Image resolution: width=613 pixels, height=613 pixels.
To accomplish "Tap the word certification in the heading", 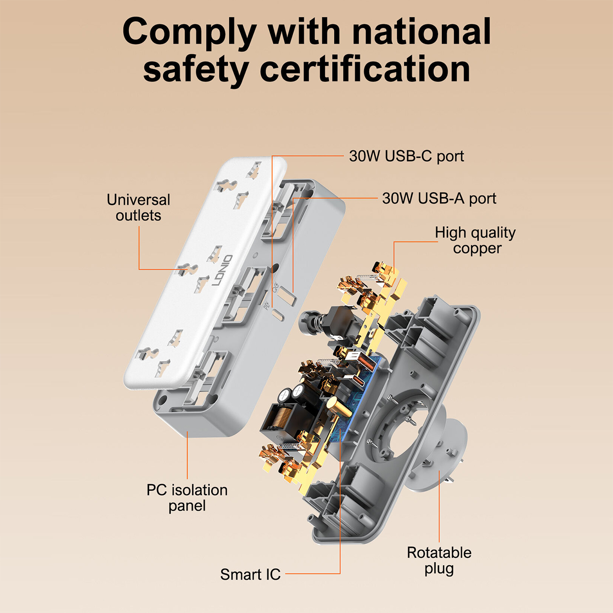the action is point(365,69).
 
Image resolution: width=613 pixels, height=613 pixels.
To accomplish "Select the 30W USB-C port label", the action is point(406,156).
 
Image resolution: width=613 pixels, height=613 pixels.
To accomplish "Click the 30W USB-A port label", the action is point(439,199).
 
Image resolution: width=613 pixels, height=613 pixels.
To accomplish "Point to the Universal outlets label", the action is point(138,208).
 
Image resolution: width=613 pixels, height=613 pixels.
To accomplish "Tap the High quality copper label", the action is point(475,241).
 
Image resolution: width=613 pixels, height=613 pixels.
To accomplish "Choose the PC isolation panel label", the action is point(187,498).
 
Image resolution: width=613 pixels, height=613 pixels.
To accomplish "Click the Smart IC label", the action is point(250,574).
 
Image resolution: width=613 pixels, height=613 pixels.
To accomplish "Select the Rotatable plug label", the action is point(439,561).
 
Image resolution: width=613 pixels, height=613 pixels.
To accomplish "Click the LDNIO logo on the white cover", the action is point(222,270).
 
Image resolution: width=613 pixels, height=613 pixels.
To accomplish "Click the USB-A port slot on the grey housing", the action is point(287,296).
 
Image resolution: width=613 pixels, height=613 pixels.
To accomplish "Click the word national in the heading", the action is point(422,32).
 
